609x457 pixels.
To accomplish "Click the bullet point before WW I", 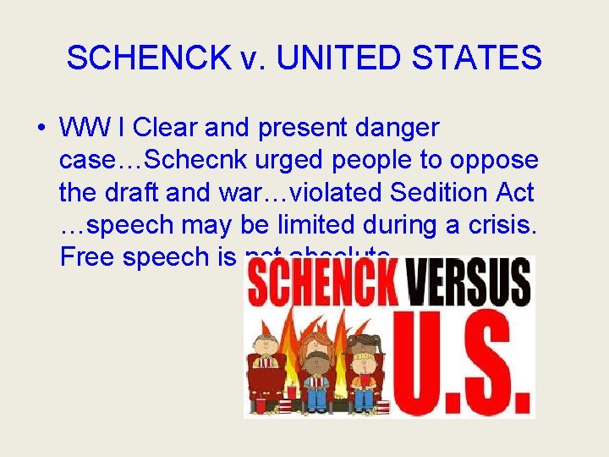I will (41, 129).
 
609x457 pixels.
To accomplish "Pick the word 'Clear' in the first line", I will (163, 129).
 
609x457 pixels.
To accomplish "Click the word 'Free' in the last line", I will (89, 257).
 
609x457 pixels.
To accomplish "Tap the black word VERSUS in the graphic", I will (469, 284).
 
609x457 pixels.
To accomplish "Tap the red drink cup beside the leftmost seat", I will (260, 405).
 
